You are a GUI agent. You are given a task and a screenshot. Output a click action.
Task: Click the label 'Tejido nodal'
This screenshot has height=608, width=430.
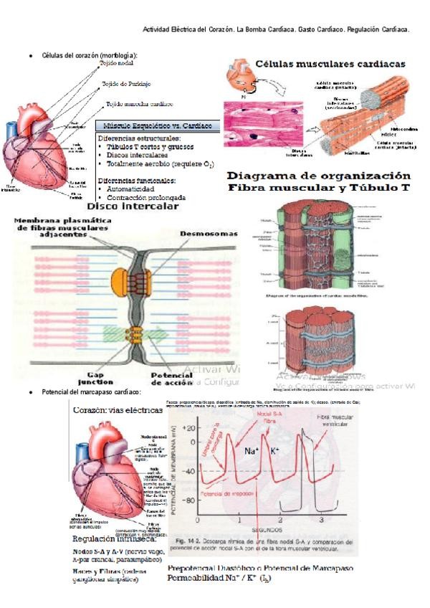pyautogui.click(x=116, y=63)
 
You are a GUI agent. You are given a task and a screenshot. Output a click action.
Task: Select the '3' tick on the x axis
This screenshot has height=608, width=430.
pyautogui.click(x=321, y=518)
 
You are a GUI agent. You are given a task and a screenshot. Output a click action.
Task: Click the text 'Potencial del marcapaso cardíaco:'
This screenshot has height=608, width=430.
pyautogui.click(x=91, y=393)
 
